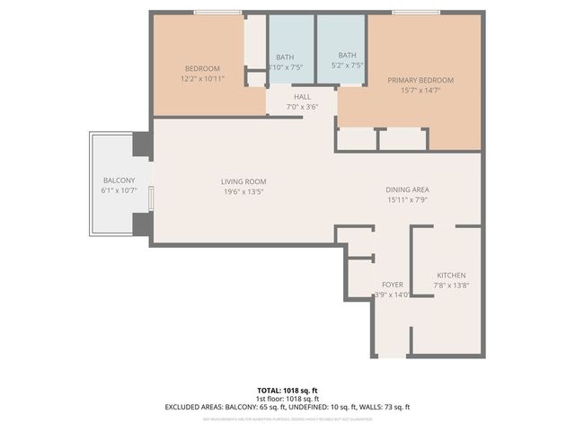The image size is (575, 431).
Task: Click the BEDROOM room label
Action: pyautogui.click(x=203, y=69)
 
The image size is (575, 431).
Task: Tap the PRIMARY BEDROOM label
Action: pyautogui.click(x=420, y=80)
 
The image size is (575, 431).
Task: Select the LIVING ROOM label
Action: pyautogui.click(x=243, y=182)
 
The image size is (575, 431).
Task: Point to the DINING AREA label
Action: pyautogui.click(x=407, y=189)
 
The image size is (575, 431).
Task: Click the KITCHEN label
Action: pyautogui.click(x=451, y=275)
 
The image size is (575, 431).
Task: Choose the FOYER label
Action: pyautogui.click(x=393, y=284)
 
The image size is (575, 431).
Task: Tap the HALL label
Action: pyautogui.click(x=302, y=97)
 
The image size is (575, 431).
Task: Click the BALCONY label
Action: pyautogui.click(x=119, y=180)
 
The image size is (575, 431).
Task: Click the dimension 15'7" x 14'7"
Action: pyautogui.click(x=420, y=90)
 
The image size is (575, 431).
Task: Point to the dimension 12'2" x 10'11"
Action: pyautogui.click(x=203, y=78)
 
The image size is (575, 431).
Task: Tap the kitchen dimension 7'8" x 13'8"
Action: pyautogui.click(x=451, y=285)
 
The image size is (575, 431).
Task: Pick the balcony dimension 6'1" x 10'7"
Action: pyautogui.click(x=119, y=190)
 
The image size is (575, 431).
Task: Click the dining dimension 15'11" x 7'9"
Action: pyautogui.click(x=407, y=199)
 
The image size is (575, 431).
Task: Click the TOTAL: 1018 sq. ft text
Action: pyautogui.click(x=287, y=391)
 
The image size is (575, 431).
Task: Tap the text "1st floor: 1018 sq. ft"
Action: pyautogui.click(x=287, y=399)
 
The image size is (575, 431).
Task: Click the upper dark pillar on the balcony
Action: pyautogui.click(x=142, y=144)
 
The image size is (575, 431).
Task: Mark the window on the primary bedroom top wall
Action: pyautogui.click(x=414, y=12)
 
